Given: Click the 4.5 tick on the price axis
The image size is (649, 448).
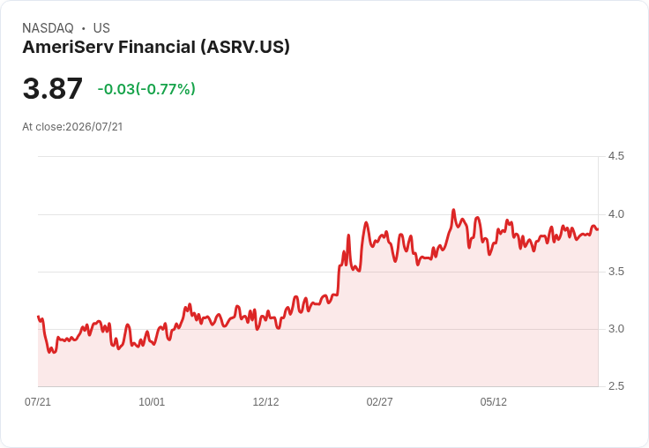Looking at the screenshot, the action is pyautogui.click(x=615, y=156).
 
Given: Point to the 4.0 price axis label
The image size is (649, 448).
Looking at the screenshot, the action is pyautogui.click(x=615, y=214).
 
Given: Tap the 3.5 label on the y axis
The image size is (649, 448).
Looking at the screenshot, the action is pyautogui.click(x=615, y=272).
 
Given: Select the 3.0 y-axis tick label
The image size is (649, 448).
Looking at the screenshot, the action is pyautogui.click(x=615, y=329).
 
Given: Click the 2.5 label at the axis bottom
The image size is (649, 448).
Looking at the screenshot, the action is pyautogui.click(x=615, y=386).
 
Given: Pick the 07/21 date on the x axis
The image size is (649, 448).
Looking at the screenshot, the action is pyautogui.click(x=38, y=401).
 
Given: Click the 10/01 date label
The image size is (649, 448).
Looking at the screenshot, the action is pyautogui.click(x=152, y=401).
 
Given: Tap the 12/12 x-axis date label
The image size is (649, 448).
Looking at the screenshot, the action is pyautogui.click(x=265, y=401).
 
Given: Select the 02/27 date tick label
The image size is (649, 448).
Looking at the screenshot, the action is pyautogui.click(x=379, y=401).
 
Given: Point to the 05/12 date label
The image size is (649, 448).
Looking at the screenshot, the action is pyautogui.click(x=494, y=401).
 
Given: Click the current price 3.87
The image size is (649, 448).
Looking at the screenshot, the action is pyautogui.click(x=53, y=88).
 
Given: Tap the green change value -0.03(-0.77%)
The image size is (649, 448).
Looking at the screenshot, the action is pyautogui.click(x=146, y=89).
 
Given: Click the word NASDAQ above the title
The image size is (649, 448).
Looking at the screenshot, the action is pyautogui.click(x=48, y=28).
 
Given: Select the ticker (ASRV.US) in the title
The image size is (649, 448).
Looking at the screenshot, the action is pyautogui.click(x=245, y=47).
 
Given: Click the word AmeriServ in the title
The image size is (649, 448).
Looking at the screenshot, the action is pyautogui.click(x=68, y=47).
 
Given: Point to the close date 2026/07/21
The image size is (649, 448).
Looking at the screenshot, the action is pyautogui.click(x=94, y=127).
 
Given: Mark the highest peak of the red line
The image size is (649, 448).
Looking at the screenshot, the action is pyautogui.click(x=453, y=210).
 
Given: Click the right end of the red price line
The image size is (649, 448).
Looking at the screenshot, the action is pyautogui.click(x=597, y=229).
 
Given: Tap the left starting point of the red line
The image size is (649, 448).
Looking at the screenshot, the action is pyautogui.click(x=39, y=317).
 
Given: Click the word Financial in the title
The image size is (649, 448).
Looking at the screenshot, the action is pyautogui.click(x=157, y=47).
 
